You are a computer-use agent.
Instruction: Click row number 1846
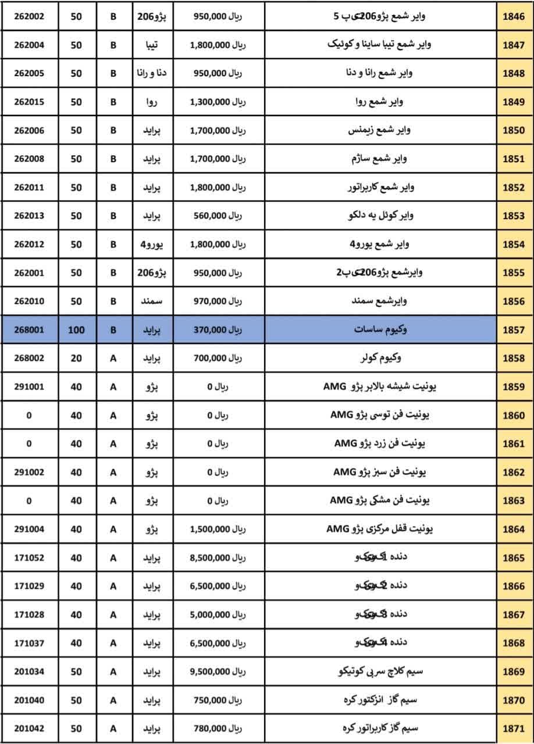click(514, 17)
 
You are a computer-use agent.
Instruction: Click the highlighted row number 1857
click(514, 330)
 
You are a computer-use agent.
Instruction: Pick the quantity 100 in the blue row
click(76, 330)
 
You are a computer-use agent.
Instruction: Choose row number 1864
click(514, 530)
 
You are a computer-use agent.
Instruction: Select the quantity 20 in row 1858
click(76, 359)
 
